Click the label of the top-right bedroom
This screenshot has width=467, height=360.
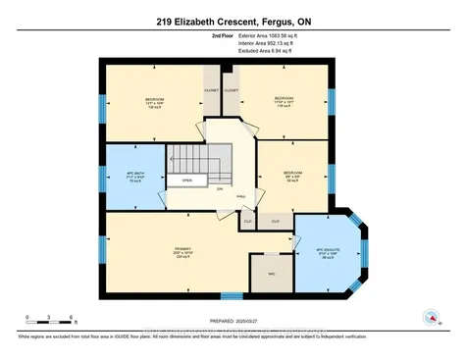[284, 102]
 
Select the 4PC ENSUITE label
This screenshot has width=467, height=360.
[327, 251]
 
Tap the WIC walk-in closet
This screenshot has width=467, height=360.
[257, 274]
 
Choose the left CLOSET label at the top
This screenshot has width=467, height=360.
[210, 89]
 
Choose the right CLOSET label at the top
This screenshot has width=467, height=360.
[232, 89]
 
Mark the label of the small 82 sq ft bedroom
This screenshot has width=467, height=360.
[292, 176]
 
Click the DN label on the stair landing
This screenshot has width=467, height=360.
[220, 187]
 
